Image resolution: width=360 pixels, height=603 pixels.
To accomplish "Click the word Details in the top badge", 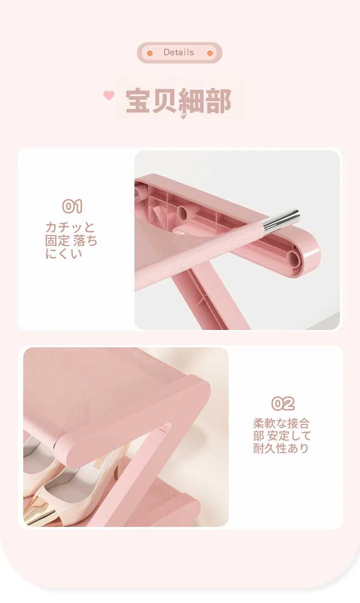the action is tap(179, 52).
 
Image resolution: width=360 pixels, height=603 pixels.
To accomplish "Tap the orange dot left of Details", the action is tap(150, 53).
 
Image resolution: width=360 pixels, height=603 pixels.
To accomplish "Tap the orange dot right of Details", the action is tap(210, 53).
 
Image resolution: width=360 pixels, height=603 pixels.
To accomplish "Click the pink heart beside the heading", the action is tap(109, 95).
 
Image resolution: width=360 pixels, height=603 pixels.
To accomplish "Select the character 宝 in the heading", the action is tap(138, 100).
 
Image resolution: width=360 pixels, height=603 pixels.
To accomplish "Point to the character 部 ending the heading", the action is tap(218, 100).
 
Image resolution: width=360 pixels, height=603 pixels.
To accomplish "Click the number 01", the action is tap(72, 206).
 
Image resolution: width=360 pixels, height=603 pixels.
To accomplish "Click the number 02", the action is tap(283, 403).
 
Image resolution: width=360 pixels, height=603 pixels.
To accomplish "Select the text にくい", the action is tap(63, 254).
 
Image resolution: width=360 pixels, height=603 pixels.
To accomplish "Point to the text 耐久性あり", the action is tap(281, 448).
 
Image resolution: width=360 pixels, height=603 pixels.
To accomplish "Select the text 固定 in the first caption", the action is tap(57, 241).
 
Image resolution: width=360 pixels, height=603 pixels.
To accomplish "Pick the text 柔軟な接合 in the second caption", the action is tap(281, 424).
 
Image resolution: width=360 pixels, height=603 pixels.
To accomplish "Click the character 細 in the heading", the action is tap(191, 100).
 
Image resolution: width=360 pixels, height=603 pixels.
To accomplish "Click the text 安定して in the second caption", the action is tap(289, 436).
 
